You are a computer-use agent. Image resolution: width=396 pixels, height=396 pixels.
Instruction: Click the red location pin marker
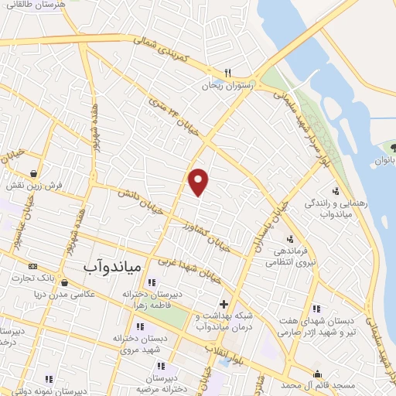point(199,181)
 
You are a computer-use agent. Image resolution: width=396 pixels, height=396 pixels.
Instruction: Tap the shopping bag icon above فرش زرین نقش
point(34,173)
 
